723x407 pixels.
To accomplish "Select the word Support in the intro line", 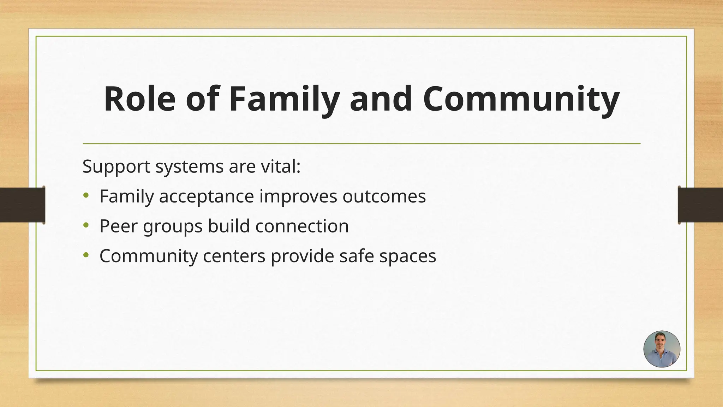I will click(x=116, y=166).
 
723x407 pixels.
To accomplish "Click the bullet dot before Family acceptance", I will click(x=86, y=195).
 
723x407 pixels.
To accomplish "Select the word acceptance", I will click(x=206, y=196).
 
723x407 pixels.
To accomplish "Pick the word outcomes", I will click(x=384, y=196).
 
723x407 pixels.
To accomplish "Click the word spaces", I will click(x=408, y=256).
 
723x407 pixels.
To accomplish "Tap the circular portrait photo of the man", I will click(x=662, y=349).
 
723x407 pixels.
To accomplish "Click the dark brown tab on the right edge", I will click(x=700, y=205).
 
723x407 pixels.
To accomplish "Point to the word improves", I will click(x=298, y=196).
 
